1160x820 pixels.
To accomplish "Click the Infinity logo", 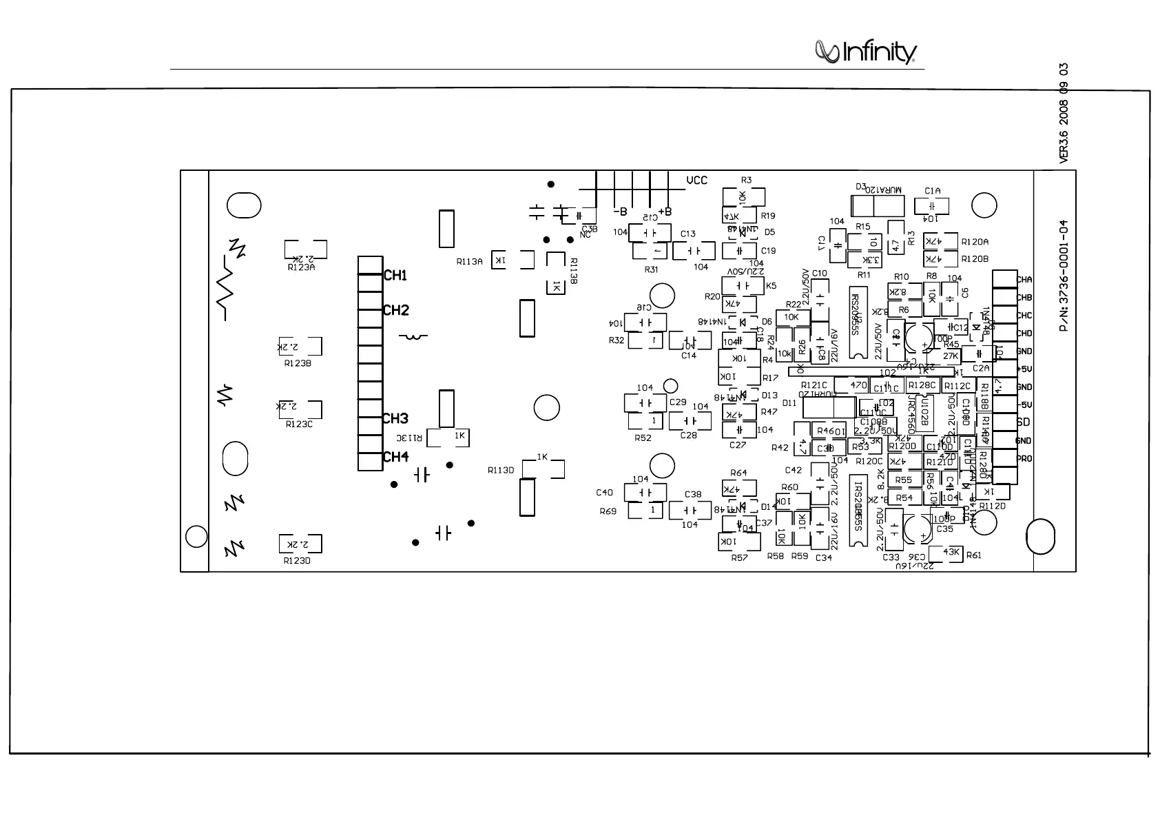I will [x=866, y=52].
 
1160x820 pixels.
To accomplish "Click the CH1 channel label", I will [x=395, y=276].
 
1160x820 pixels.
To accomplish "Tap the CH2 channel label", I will [x=395, y=310].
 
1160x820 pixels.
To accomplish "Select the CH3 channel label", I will [x=395, y=418].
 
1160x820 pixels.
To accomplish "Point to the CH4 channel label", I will [x=395, y=457].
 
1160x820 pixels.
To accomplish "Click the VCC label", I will [x=696, y=181].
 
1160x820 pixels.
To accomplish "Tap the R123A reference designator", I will [x=301, y=268].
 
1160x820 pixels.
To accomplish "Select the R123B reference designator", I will [x=298, y=364].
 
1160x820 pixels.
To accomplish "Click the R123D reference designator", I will [x=297, y=561].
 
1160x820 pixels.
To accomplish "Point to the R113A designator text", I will [x=469, y=262].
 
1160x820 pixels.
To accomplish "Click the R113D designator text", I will [x=501, y=471].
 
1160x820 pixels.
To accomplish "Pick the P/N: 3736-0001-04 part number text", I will [x=1064, y=276].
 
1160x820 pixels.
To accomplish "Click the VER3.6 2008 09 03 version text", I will [x=1064, y=114].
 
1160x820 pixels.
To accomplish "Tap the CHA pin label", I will [x=1024, y=280].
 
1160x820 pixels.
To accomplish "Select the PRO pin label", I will [x=1024, y=459].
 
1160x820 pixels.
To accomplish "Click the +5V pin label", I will [x=1024, y=369].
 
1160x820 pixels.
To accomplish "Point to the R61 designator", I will [x=974, y=555].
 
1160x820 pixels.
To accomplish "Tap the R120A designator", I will [x=975, y=242].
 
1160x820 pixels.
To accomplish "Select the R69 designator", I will [x=608, y=511].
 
